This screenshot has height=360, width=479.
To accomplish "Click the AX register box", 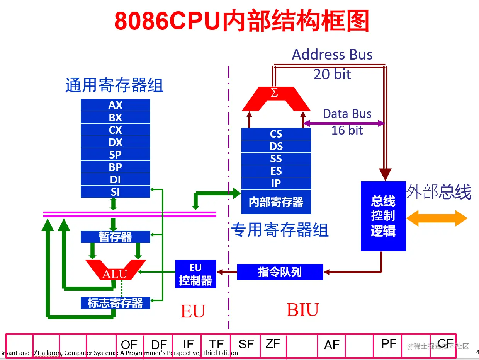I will tap(115, 105).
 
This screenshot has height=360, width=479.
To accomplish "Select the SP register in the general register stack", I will tap(115, 155).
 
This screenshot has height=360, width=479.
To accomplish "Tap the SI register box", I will tap(115, 192).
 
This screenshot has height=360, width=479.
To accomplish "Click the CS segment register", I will tap(276, 134).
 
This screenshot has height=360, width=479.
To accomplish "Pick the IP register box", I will tap(276, 184).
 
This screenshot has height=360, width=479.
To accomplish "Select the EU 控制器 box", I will tap(196, 274).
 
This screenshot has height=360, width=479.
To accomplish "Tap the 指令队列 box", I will tap(280, 272).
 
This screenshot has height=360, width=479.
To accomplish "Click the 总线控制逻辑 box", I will tap(383, 216).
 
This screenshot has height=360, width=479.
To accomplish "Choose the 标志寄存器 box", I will tap(115, 303).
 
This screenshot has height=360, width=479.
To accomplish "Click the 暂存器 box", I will tap(115, 237).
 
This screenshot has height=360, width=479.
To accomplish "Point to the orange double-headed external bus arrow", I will tap(437, 218).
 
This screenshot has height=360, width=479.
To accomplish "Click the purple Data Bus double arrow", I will tap(343, 123).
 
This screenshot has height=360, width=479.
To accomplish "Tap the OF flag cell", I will tap(129, 345).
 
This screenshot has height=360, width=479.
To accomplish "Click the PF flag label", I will tap(389, 344).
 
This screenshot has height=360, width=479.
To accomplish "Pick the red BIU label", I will tap(302, 310).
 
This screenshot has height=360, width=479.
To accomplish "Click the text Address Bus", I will tap(332, 55).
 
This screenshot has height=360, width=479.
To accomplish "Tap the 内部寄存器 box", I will tap(276, 202).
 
